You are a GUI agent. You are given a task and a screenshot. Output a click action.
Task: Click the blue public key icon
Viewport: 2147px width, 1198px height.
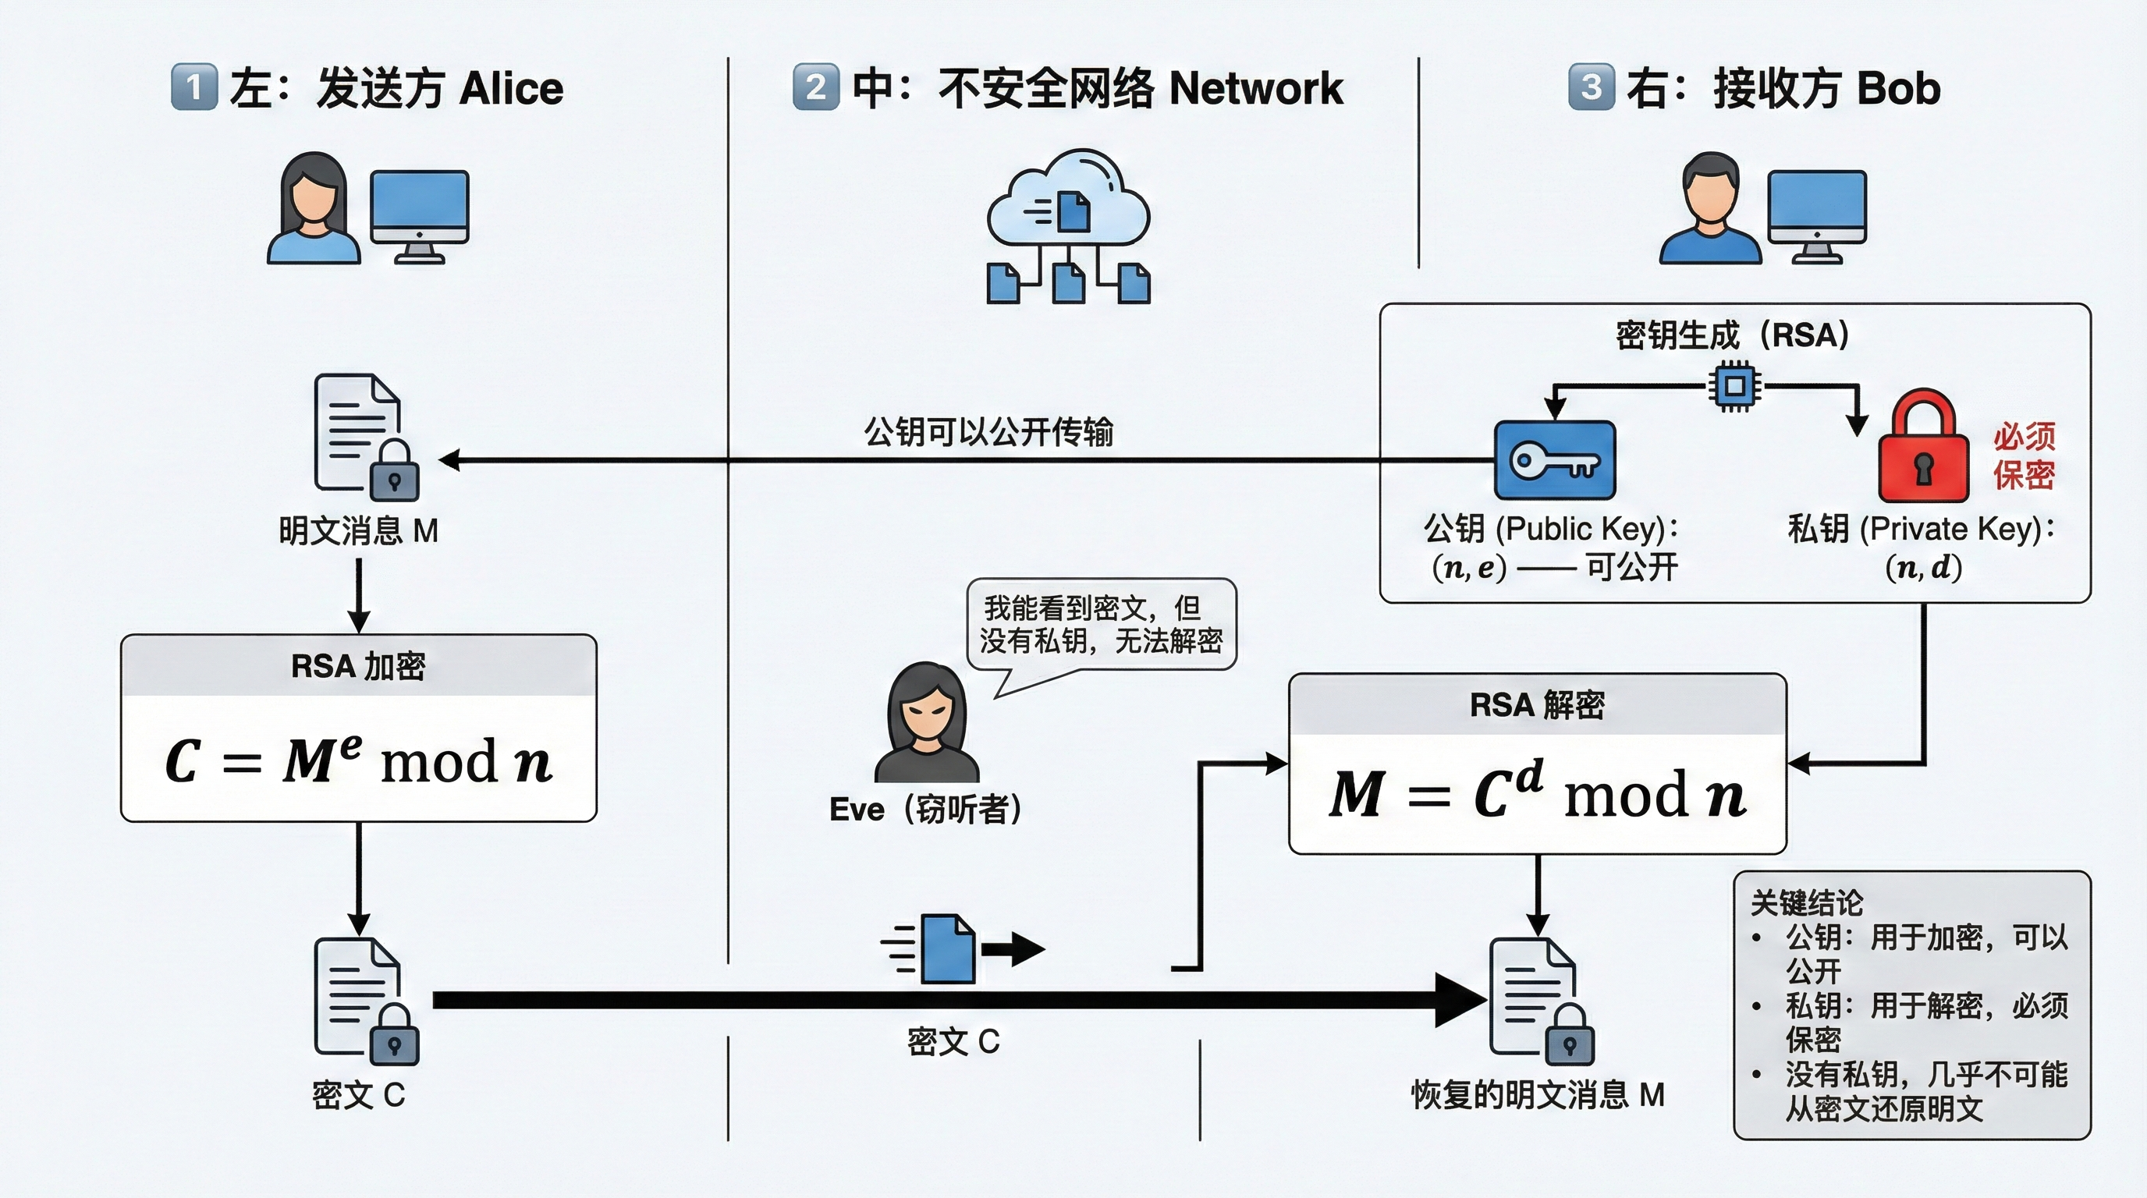click(x=1554, y=460)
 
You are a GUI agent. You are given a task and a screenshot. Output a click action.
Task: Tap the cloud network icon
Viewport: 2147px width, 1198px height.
click(x=1068, y=200)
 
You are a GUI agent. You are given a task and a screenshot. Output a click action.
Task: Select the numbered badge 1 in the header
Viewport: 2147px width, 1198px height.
click(x=193, y=87)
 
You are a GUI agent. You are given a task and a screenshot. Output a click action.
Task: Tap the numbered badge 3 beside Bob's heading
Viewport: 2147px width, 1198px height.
click(x=1590, y=87)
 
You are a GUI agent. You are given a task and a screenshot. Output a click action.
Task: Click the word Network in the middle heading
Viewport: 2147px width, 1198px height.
click(x=1256, y=88)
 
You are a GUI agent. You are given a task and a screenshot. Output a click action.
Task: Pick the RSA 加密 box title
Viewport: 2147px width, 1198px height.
click(x=358, y=665)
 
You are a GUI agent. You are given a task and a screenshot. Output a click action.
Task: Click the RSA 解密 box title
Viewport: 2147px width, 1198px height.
click(x=1537, y=705)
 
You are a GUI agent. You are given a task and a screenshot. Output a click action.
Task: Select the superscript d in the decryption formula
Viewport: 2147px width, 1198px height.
click(x=1528, y=775)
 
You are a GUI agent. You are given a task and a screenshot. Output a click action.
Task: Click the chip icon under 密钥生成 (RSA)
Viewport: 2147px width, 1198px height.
click(x=1735, y=386)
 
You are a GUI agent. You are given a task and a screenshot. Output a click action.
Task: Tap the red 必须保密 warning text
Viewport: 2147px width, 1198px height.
click(x=2024, y=455)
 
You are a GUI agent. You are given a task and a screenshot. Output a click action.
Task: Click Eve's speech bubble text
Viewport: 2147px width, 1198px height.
click(x=1100, y=624)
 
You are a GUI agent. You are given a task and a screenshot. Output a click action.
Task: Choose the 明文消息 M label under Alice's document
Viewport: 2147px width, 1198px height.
click(x=358, y=530)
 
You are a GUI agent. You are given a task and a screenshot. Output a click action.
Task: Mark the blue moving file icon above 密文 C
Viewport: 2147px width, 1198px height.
click(x=949, y=948)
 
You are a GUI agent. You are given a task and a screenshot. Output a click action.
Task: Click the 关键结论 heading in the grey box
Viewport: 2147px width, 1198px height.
click(x=1806, y=902)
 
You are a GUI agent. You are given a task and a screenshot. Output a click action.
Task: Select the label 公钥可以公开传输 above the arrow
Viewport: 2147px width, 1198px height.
click(x=988, y=432)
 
